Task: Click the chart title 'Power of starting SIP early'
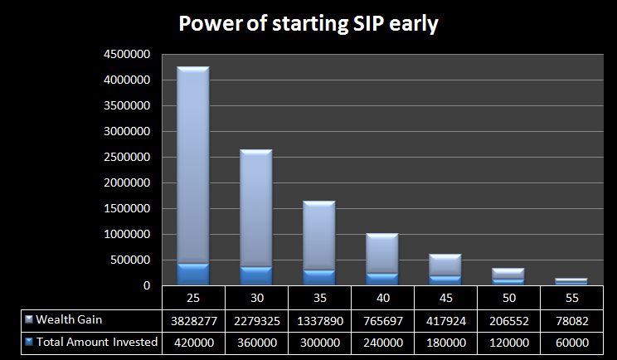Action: tap(308, 25)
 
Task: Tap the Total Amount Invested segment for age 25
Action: tap(193, 275)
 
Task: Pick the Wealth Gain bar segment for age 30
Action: tap(256, 207)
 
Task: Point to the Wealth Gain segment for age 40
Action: tap(382, 253)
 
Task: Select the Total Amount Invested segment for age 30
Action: tap(256, 276)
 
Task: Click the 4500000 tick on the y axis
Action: tap(127, 55)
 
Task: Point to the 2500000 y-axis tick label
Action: tap(127, 158)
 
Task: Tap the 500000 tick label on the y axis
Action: tap(130, 260)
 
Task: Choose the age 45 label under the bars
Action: tap(445, 296)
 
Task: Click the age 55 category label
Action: tap(571, 296)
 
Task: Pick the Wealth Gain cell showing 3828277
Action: tap(193, 319)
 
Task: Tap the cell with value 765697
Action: tap(382, 319)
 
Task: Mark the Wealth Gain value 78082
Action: tap(571, 319)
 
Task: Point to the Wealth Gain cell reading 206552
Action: tap(508, 319)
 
